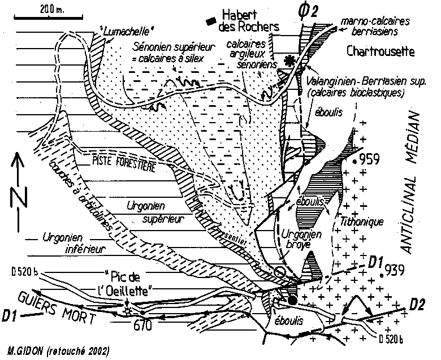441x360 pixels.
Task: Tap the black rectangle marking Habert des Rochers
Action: point(211,21)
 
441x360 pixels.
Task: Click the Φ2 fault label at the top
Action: point(304,11)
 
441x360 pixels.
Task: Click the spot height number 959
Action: point(375,158)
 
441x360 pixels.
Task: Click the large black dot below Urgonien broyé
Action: point(292,300)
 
